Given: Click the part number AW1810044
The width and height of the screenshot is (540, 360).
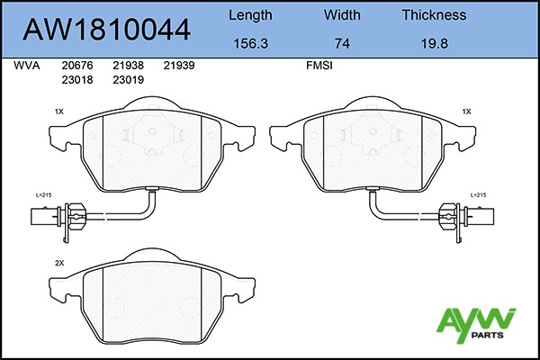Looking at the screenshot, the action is coord(106,30).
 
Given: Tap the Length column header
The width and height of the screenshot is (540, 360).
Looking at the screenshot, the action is coord(250,15).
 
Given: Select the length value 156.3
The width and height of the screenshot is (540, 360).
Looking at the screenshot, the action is coord(250,43).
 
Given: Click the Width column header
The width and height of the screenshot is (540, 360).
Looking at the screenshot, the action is coord(342,14).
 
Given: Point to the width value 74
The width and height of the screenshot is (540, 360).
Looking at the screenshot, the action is coord(342,43).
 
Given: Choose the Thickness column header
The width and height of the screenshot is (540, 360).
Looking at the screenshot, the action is coord(435,14).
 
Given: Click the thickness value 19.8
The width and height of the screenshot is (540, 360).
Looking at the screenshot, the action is coord(435,43).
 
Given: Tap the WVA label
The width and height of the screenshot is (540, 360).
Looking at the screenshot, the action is coord(27,66).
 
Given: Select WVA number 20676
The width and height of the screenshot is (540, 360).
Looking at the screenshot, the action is coord(77,66).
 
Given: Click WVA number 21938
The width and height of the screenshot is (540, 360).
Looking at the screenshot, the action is coord(128,66).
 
